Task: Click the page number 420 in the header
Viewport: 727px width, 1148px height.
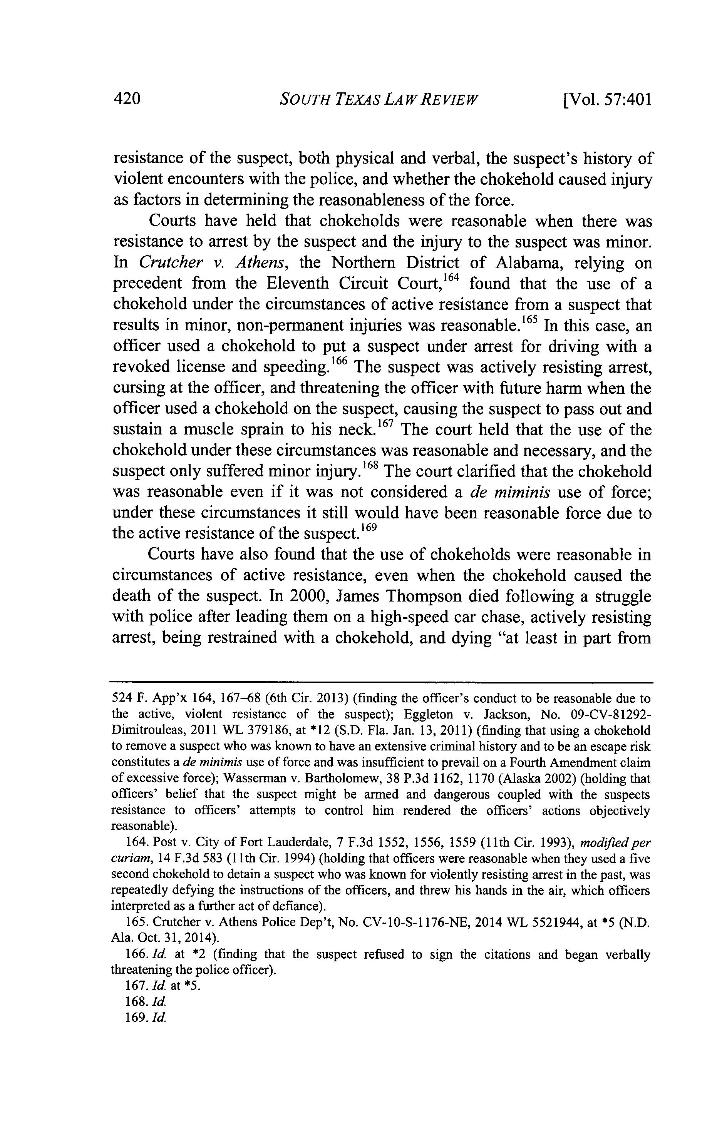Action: pyautogui.click(x=127, y=100)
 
